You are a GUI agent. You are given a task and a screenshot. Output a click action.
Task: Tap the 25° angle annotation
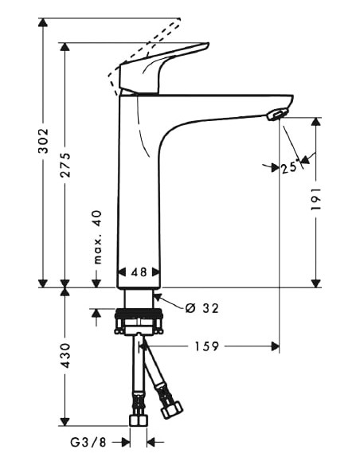pyautogui.click(x=288, y=167)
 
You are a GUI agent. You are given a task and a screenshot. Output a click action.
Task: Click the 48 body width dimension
pyautogui.click(x=139, y=272)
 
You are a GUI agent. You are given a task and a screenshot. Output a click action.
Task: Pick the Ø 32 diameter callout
pyautogui.click(x=200, y=307)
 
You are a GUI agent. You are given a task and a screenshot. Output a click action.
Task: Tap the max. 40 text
pyautogui.click(x=97, y=237)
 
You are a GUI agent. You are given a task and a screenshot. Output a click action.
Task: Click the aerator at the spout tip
pyautogui.click(x=276, y=115)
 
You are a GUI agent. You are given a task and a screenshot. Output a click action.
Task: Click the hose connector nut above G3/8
pyautogui.click(x=139, y=420)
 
